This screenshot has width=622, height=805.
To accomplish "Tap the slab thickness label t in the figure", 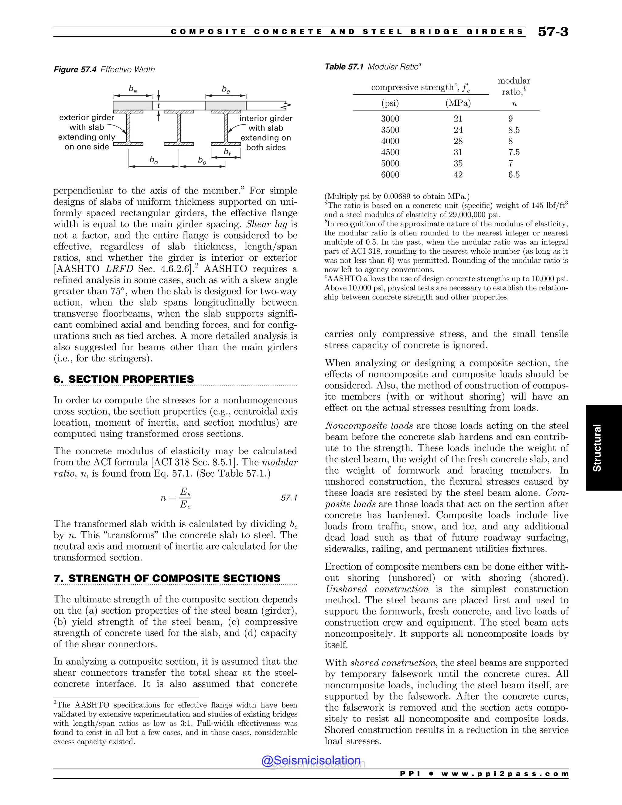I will pyautogui.click(x=159, y=106).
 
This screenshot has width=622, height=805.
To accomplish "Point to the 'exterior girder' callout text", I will pyautogui.click(x=87, y=118).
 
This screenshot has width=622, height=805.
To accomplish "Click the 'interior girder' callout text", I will pyautogui.click(x=266, y=118).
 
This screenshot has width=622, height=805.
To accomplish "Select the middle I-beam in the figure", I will pyautogui.click(x=179, y=128).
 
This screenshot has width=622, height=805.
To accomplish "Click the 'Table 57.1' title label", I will pyautogui.click(x=344, y=67).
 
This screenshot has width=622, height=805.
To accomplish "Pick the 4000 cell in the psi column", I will pyautogui.click(x=390, y=141).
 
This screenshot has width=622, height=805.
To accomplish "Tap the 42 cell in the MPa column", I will pyautogui.click(x=458, y=175).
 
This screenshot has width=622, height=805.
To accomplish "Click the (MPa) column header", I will pyautogui.click(x=458, y=103).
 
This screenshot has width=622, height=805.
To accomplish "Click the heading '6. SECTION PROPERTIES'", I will pyautogui.click(x=124, y=379).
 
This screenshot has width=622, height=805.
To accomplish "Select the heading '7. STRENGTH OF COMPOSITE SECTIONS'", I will pyautogui.click(x=167, y=578).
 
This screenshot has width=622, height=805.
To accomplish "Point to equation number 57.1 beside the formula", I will pyautogui.click(x=289, y=498).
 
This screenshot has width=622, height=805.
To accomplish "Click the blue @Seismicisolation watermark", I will pyautogui.click(x=311, y=760).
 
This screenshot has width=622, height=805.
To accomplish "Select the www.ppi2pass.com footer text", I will pyautogui.click(x=505, y=774).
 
